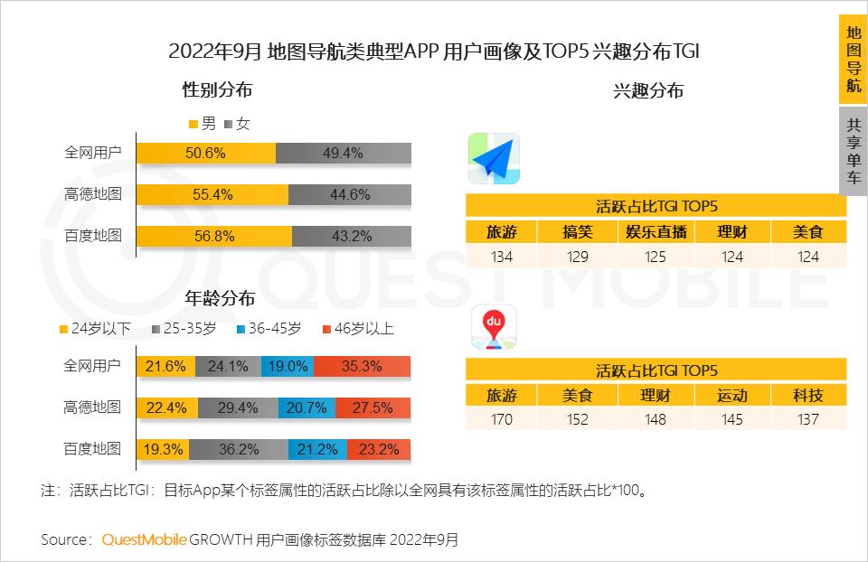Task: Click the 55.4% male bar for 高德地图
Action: [x=212, y=194]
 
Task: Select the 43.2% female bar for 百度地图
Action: [x=351, y=236]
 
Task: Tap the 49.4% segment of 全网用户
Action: [x=343, y=154]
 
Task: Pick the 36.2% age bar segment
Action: [x=239, y=448]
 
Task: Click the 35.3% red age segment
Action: [x=362, y=366]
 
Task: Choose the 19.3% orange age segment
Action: [x=163, y=448]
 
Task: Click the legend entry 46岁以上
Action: [x=358, y=329]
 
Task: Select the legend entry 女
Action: [x=237, y=124]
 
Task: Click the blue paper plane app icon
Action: [x=494, y=160]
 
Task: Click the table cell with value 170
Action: [x=501, y=419]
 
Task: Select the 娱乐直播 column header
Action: [x=656, y=232]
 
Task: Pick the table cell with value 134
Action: [x=501, y=257]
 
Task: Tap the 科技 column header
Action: [x=809, y=396]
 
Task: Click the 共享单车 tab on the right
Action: [x=854, y=151]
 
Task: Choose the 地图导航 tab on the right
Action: [x=854, y=59]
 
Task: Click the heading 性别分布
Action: [x=217, y=90]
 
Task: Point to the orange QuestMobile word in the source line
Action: [x=144, y=539]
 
